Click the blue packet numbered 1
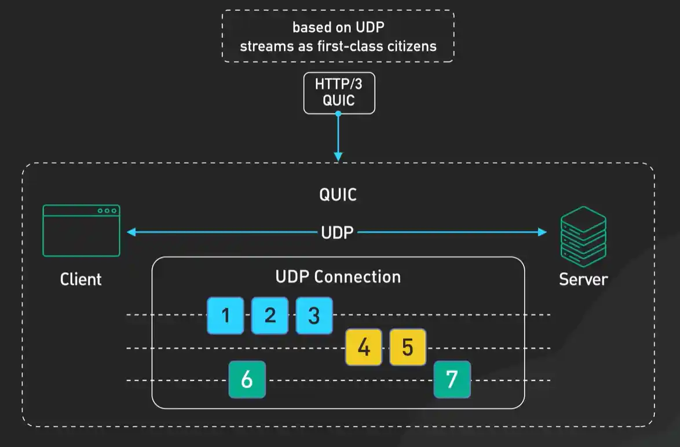tap(225, 316)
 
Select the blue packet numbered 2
tap(269, 316)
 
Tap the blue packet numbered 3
tap(314, 316)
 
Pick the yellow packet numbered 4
tap(364, 347)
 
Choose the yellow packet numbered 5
tap(408, 347)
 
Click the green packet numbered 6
tap(247, 380)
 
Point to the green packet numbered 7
tap(452, 380)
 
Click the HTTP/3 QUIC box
tap(339, 93)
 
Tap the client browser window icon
tap(81, 230)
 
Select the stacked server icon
tap(583, 236)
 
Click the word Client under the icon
tap(81, 279)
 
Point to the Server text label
tap(583, 279)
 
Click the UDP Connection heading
tap(338, 277)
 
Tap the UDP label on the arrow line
tap(338, 233)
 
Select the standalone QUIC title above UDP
tap(338, 195)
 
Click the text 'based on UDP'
tap(338, 27)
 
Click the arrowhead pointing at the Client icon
tap(131, 232)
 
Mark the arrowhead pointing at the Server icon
tap(542, 232)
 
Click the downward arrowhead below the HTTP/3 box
tap(339, 156)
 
